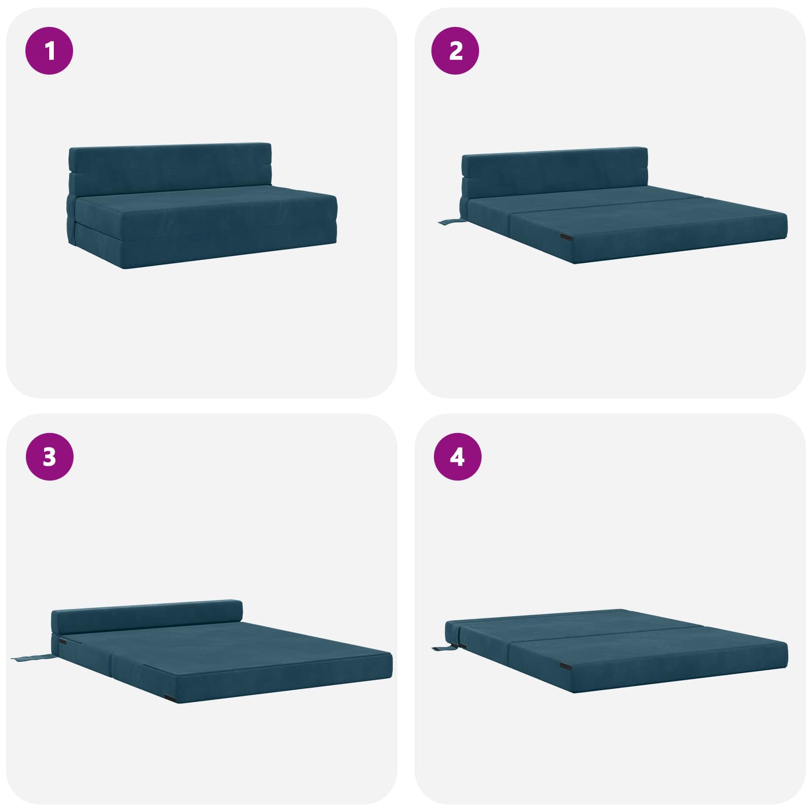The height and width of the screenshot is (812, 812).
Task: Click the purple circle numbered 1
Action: coord(49,51)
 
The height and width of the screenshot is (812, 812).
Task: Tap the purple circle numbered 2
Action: coord(455,51)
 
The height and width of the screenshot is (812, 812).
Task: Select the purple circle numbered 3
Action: coord(49,457)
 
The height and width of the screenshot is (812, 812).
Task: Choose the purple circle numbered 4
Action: coord(457,457)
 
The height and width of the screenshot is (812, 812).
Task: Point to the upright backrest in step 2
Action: coord(555,173)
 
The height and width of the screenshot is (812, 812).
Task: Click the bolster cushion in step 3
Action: coord(147,617)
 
